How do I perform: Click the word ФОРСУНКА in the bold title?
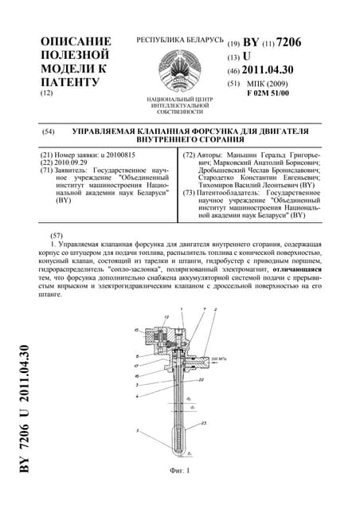tap(211, 130)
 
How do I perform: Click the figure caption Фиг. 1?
tap(182, 470)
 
